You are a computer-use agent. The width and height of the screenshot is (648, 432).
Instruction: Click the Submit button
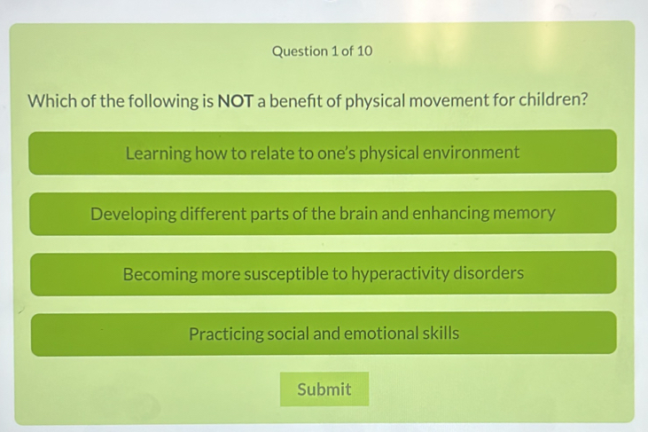[324, 389]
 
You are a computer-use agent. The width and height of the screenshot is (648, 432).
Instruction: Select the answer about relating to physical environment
[323, 153]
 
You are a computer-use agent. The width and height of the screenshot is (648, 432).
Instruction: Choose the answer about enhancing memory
[323, 213]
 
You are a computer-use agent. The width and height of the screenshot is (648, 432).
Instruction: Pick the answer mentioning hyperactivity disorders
[323, 273]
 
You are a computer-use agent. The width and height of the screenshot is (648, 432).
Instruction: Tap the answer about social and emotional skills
[324, 334]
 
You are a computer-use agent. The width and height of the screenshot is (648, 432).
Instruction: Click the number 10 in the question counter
[363, 51]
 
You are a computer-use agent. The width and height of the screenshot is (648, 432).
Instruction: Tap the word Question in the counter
[301, 51]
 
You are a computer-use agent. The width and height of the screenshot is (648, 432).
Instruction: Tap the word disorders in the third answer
[488, 273]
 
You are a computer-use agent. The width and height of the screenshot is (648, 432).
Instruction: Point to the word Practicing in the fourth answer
[224, 334]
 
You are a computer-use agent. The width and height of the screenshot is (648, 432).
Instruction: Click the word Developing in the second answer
[133, 214]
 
